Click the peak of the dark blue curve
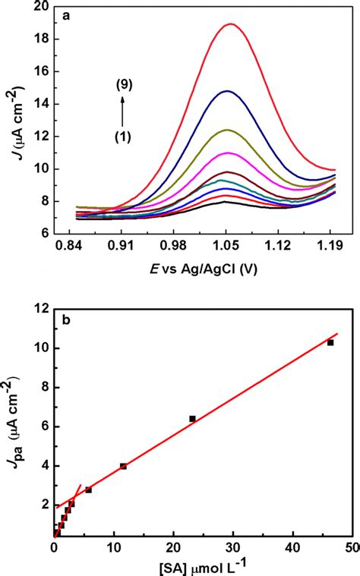(226, 91)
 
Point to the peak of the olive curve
(226, 130)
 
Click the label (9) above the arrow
(122, 86)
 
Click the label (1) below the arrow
(122, 137)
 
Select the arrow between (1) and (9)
(122, 112)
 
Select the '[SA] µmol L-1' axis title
(202, 566)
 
